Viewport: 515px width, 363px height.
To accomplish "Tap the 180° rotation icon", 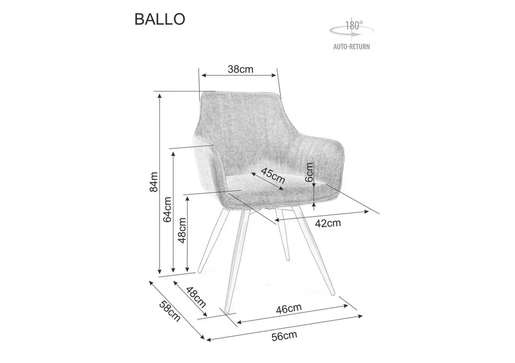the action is click(351, 29).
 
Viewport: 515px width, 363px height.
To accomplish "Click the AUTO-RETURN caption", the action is click(351, 47).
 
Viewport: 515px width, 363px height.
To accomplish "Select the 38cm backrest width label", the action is click(240, 69).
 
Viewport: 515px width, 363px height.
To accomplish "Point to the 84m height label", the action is click(154, 182).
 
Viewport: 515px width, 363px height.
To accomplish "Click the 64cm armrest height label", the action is click(167, 209).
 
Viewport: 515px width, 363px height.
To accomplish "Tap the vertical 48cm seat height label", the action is click(182, 231).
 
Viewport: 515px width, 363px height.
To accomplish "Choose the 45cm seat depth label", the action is click(273, 176).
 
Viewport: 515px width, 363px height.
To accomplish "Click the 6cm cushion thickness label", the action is click(309, 172).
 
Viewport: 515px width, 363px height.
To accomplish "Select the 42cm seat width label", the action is click(328, 223).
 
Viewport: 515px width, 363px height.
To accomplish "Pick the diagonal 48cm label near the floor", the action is click(196, 297).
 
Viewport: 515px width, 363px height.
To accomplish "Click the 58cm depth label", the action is click(170, 311).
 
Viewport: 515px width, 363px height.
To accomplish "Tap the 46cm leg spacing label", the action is click(289, 309).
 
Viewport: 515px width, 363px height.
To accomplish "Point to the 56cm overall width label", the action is click(285, 336).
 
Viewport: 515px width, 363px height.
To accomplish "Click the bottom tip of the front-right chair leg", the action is click(333, 294).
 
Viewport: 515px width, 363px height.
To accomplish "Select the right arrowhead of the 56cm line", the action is click(361, 316).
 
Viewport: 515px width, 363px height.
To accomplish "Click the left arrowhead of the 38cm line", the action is click(203, 75).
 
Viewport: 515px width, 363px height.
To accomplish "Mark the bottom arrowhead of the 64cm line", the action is click(173, 270).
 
